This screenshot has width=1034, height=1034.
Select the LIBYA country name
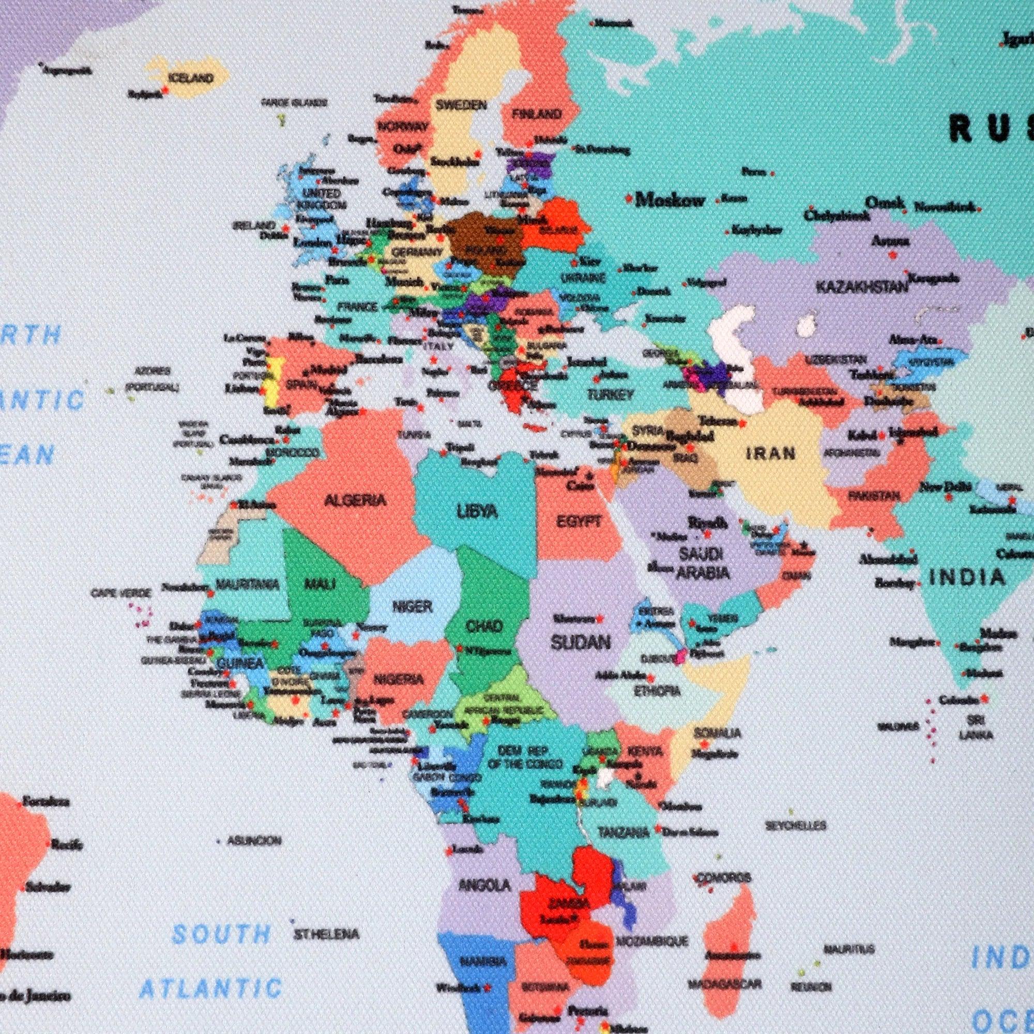[477, 512]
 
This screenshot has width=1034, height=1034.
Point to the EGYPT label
[579, 521]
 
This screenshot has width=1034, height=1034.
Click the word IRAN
[771, 454]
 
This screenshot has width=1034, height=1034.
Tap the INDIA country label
[967, 577]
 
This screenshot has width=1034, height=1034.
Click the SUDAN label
[581, 642]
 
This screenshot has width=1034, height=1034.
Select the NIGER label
[412, 606]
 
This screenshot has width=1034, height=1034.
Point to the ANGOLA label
[484, 885]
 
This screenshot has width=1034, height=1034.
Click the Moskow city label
[670, 200]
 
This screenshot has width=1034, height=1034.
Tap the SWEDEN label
[461, 105]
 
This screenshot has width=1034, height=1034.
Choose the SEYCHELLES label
[796, 826]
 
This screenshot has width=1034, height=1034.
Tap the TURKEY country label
[610, 395]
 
